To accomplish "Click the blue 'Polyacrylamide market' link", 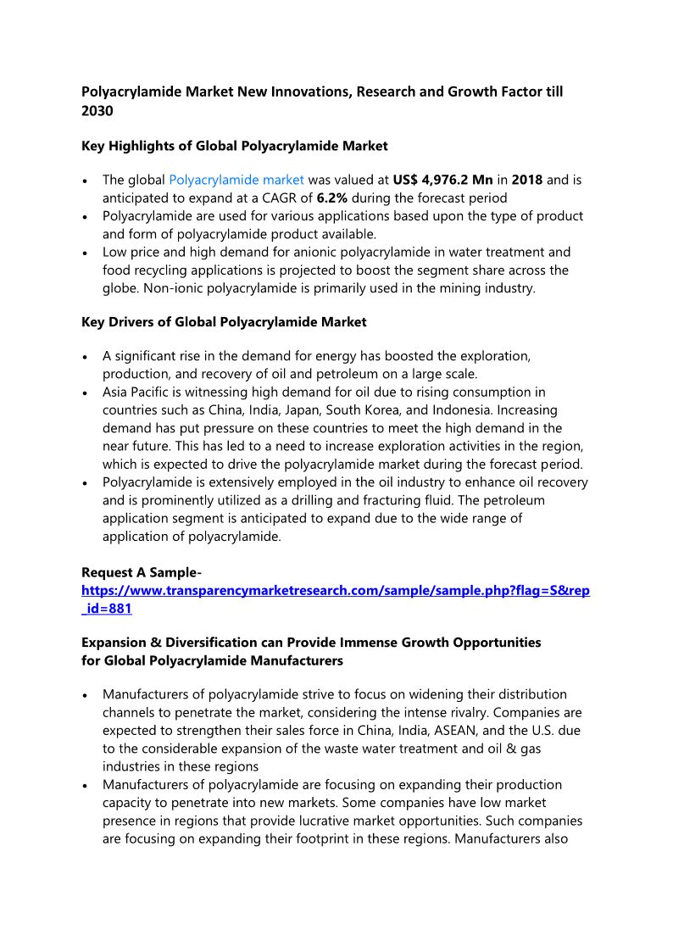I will [x=236, y=180].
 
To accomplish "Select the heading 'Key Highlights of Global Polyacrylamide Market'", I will [x=234, y=146].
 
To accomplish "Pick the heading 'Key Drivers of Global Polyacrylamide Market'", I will [x=224, y=322].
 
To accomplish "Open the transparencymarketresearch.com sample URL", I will [x=335, y=590].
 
